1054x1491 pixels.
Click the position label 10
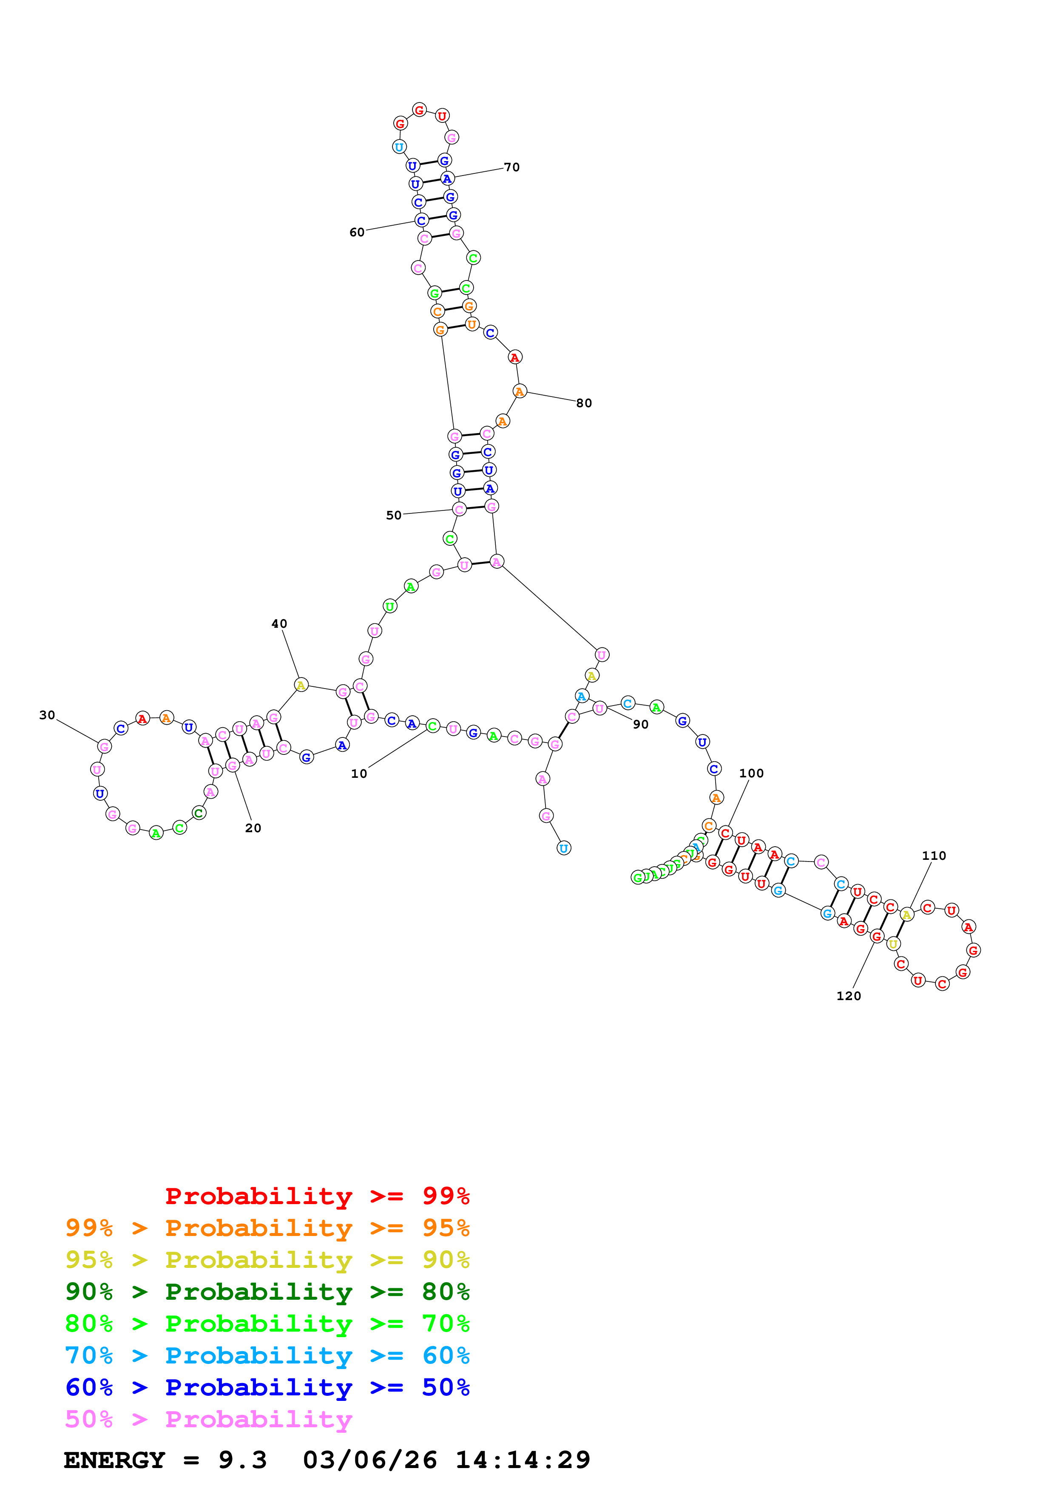click(x=358, y=774)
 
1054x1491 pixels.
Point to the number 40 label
click(x=279, y=624)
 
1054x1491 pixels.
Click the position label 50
click(x=394, y=515)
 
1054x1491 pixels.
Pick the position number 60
click(x=357, y=232)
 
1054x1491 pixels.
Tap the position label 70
click(x=512, y=167)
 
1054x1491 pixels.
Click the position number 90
click(x=640, y=724)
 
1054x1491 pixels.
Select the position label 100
click(x=751, y=773)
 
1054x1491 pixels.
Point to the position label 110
click(x=934, y=855)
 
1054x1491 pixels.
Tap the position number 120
click(x=848, y=995)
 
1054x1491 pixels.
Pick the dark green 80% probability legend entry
click(x=267, y=1292)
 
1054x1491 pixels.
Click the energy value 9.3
click(x=242, y=1460)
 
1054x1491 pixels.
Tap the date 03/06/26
click(x=369, y=1460)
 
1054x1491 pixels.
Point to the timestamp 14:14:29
click(x=523, y=1460)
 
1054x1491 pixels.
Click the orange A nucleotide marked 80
click(x=519, y=391)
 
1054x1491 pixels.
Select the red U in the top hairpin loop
click(x=442, y=116)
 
